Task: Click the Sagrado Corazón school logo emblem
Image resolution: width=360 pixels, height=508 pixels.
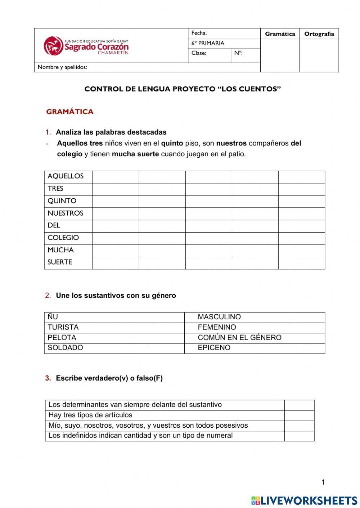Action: (x=53, y=46)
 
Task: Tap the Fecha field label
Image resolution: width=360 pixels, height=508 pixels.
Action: (x=199, y=33)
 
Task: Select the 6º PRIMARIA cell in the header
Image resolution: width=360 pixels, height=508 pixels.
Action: (x=208, y=43)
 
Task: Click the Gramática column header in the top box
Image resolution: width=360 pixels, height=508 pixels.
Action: (x=280, y=34)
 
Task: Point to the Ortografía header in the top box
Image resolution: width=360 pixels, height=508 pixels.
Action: (x=319, y=34)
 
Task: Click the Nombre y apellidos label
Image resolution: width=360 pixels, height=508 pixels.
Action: (x=62, y=67)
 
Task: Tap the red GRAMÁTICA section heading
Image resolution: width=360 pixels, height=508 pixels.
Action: (x=70, y=112)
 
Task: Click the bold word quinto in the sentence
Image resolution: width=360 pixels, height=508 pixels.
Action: (x=172, y=143)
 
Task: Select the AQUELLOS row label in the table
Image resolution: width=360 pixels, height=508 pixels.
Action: (x=66, y=176)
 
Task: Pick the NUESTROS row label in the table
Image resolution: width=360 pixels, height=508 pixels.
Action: (x=65, y=213)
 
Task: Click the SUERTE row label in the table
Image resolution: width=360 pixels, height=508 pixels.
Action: (x=60, y=262)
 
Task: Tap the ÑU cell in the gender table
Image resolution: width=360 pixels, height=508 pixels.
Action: (x=53, y=317)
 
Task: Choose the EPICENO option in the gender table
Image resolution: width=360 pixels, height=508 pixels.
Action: (x=214, y=348)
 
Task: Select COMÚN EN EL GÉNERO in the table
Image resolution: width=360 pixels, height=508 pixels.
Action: (x=239, y=338)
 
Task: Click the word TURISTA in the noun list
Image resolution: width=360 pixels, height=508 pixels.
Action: (x=63, y=327)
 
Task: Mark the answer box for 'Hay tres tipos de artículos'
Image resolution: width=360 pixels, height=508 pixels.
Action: (x=299, y=415)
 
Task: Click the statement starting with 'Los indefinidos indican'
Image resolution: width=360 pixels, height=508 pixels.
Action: (x=140, y=436)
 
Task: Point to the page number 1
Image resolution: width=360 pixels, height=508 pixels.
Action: (x=323, y=482)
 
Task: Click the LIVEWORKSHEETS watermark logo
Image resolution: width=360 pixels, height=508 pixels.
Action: (x=304, y=500)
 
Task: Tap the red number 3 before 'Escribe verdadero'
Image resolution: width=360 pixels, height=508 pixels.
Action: (x=48, y=378)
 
